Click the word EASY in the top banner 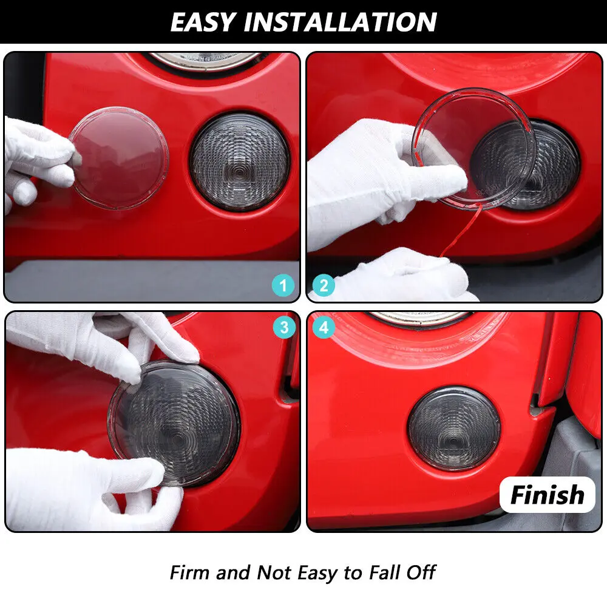(x=203, y=22)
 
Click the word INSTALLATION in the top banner (x=341, y=22)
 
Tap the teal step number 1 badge (x=283, y=286)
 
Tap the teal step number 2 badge (x=324, y=286)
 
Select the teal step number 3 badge (x=284, y=328)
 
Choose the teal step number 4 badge (x=324, y=328)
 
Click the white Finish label (x=548, y=495)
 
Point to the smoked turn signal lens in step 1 (x=240, y=162)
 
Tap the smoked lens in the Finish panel (x=453, y=428)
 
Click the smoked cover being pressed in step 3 (x=174, y=424)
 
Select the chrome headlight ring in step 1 (x=206, y=61)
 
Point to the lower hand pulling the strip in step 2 (x=399, y=276)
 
